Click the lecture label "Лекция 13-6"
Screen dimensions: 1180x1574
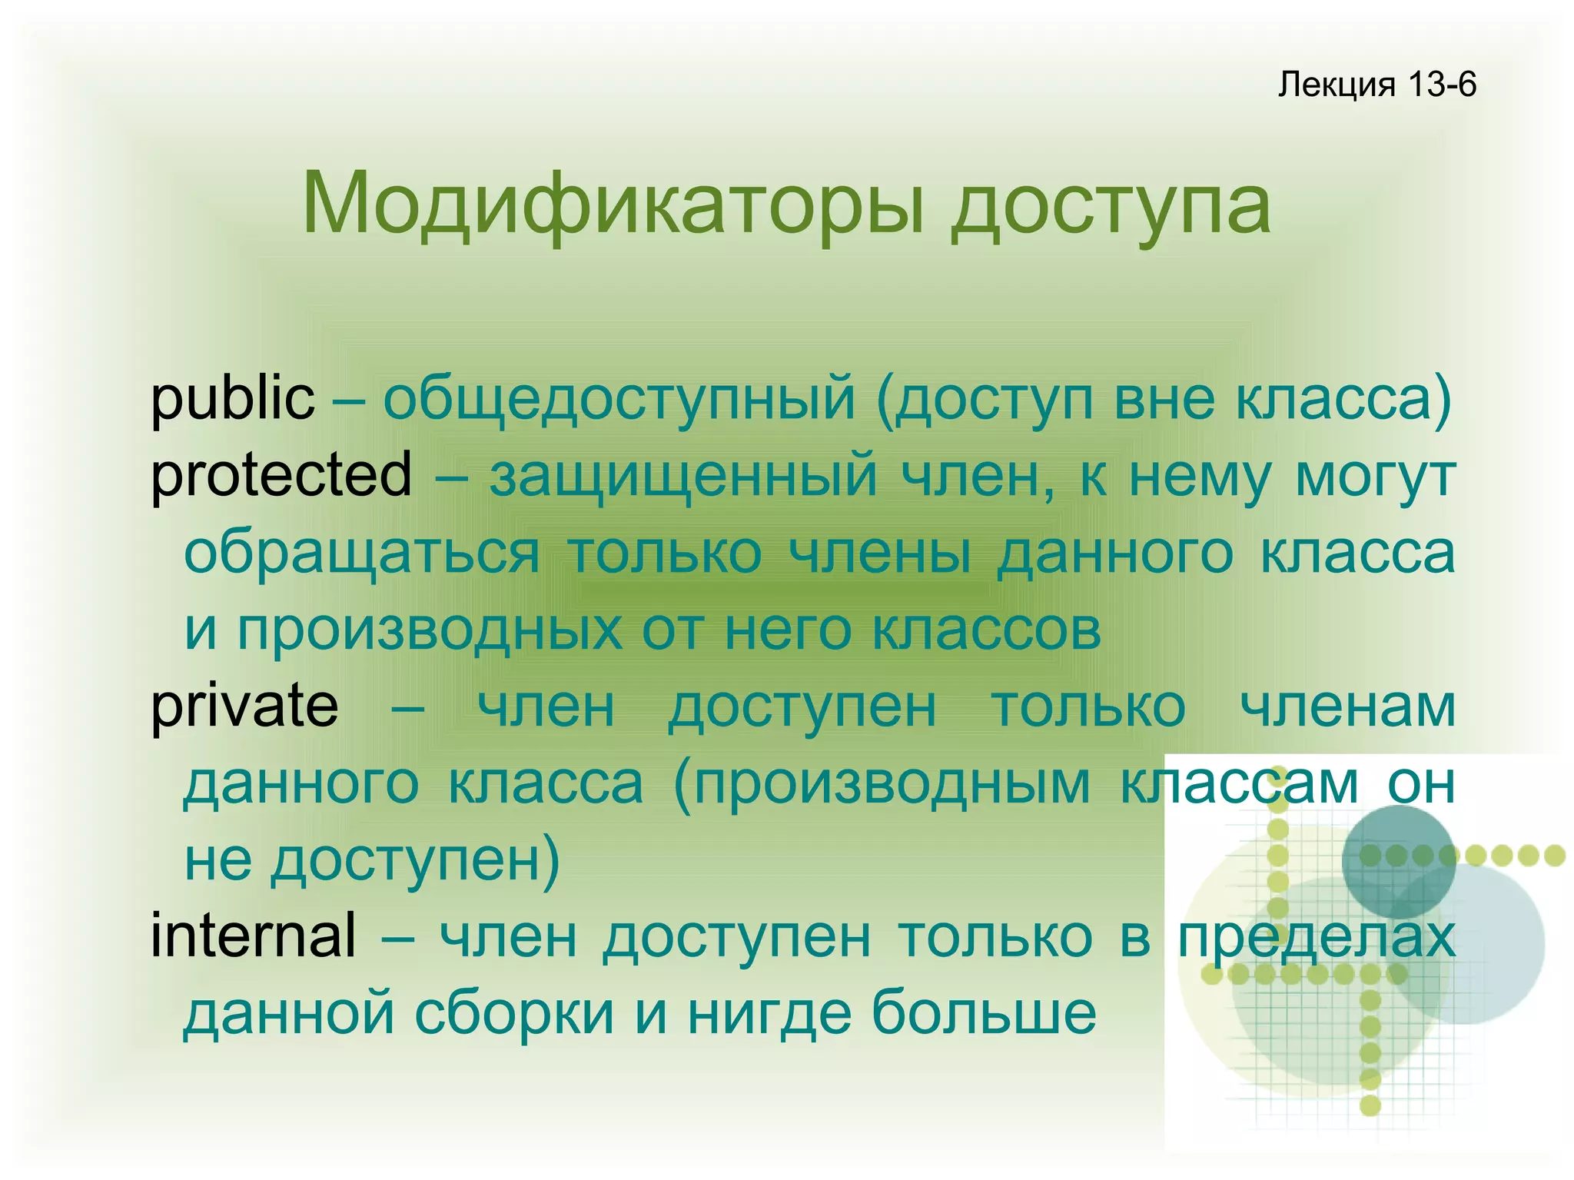coord(1376,84)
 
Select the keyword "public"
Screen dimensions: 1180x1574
coord(232,399)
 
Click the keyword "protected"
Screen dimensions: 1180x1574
coord(281,476)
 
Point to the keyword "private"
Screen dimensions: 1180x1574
coord(244,706)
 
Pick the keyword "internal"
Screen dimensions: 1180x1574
coord(254,936)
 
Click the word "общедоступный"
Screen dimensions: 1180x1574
coord(619,399)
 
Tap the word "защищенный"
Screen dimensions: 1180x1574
coord(683,476)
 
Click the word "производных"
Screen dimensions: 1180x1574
coord(430,630)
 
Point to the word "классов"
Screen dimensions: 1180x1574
coord(987,630)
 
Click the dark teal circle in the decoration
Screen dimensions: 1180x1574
coord(1398,861)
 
